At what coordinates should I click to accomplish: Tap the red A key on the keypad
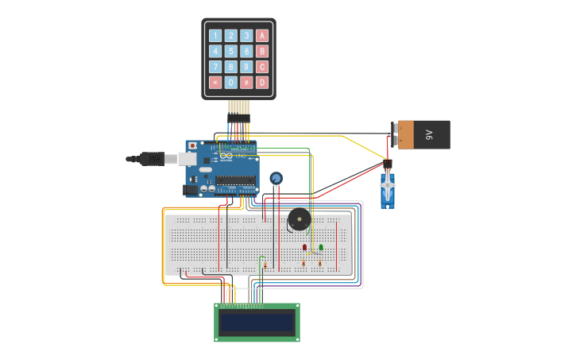[x=262, y=36]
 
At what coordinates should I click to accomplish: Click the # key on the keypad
[x=246, y=82]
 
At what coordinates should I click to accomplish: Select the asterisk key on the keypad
[x=215, y=82]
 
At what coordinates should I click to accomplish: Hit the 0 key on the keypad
[x=230, y=82]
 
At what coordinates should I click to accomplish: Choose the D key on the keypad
[x=262, y=82]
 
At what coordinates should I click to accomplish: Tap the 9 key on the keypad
[x=246, y=67]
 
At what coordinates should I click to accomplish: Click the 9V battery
[x=424, y=134]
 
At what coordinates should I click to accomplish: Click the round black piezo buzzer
[x=299, y=220]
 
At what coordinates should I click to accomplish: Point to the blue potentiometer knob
[x=276, y=178]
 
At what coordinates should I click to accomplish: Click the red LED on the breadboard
[x=304, y=248]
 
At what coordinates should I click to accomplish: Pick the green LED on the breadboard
[x=321, y=248]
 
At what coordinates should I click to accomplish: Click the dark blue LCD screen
[x=257, y=322]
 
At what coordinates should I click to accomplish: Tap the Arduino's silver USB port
[x=187, y=158]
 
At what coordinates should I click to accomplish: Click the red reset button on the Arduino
[x=192, y=146]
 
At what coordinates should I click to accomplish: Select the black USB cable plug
[x=151, y=159]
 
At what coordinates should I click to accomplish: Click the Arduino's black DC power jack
[x=190, y=190]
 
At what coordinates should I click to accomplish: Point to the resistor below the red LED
[x=303, y=262]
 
